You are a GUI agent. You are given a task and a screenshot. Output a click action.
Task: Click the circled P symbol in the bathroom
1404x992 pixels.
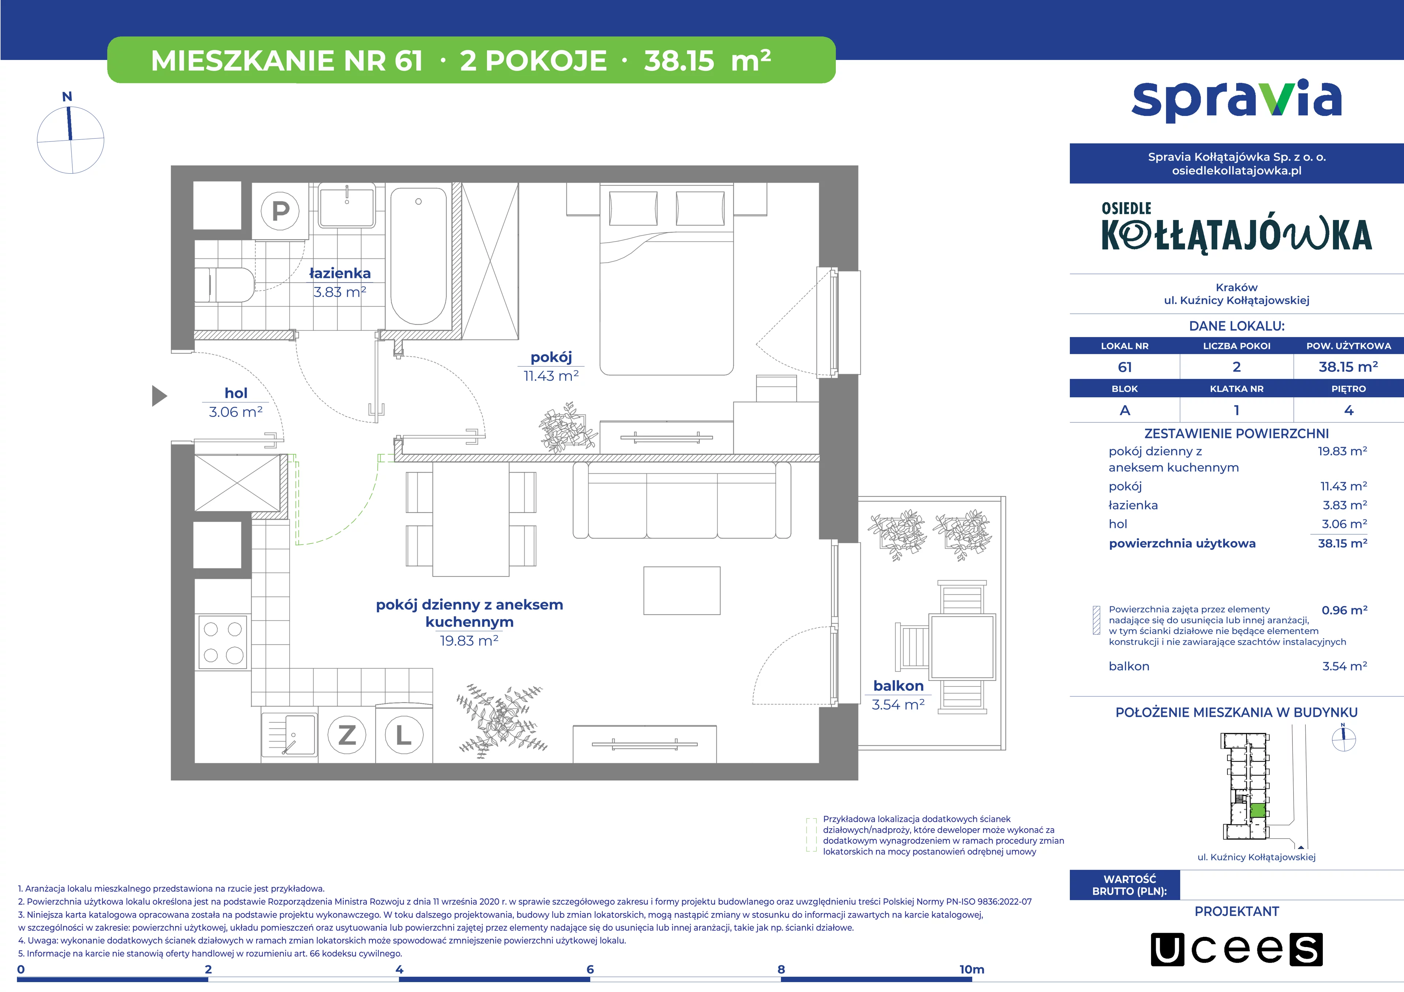click(281, 211)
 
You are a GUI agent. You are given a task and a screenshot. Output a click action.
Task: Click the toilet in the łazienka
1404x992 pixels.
click(224, 284)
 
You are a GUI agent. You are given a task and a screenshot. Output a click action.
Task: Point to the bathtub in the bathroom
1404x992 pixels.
click(419, 256)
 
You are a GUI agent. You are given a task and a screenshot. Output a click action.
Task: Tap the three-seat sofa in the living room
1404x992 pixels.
click(682, 500)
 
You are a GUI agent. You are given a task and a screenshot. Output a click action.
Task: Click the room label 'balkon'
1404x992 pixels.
click(898, 686)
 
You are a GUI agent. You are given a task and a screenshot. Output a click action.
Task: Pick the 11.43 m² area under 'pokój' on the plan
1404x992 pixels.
click(551, 376)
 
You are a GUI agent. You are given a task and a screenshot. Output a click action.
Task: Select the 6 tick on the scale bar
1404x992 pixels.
click(590, 969)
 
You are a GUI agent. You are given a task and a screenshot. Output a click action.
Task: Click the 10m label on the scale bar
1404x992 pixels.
click(972, 969)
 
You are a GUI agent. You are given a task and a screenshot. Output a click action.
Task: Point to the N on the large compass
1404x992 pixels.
click(67, 96)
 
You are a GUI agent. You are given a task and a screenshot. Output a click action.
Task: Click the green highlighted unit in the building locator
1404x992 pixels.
click(1257, 811)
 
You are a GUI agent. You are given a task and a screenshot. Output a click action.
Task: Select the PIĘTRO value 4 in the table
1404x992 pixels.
click(1348, 411)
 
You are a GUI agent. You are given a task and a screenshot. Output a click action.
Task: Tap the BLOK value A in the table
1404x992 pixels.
click(1125, 411)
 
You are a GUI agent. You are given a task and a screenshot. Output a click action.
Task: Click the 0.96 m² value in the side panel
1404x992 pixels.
click(1344, 610)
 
